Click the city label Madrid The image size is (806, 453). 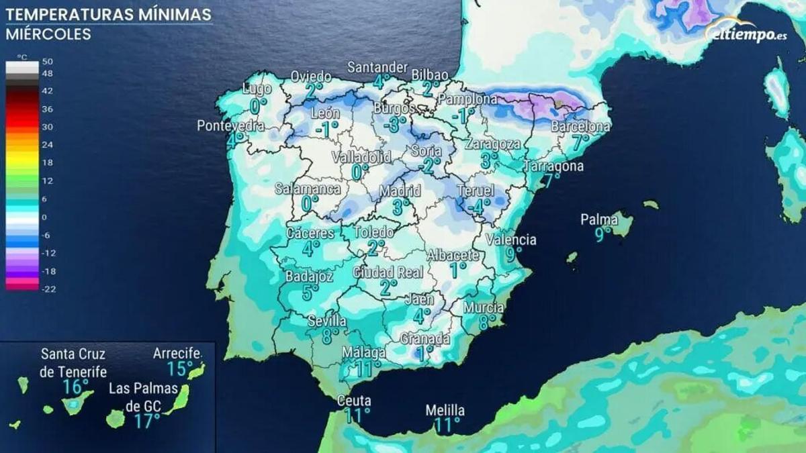(x=400, y=191)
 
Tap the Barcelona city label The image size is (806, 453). (x=581, y=126)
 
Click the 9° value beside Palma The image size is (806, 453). (x=602, y=234)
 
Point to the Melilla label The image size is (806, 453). (x=445, y=410)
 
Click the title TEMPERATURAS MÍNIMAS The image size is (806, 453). (x=108, y=14)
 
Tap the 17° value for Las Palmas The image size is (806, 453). (x=147, y=421)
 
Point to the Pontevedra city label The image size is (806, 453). (x=230, y=125)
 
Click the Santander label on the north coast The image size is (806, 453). (x=377, y=67)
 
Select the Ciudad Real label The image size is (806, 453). (x=388, y=272)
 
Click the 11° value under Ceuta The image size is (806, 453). (x=357, y=415)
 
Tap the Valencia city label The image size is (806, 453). (x=511, y=240)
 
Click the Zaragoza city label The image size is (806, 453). (x=493, y=144)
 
